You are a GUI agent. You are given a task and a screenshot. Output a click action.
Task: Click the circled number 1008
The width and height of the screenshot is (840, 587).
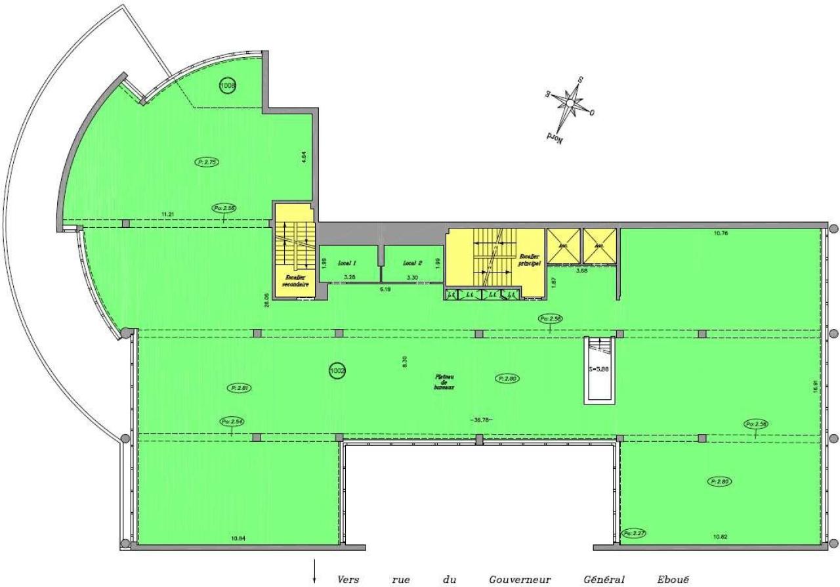tap(228, 85)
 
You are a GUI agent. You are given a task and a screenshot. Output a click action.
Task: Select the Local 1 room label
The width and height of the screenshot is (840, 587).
tap(348, 262)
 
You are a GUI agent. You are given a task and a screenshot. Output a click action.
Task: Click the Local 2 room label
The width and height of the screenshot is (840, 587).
tap(412, 262)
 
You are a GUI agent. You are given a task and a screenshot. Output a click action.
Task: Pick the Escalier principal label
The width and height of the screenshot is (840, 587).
tap(529, 259)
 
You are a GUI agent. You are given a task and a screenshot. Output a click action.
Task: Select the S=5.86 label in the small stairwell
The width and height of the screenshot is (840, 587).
tap(600, 370)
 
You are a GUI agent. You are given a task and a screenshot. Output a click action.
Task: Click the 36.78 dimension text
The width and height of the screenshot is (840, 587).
tap(481, 420)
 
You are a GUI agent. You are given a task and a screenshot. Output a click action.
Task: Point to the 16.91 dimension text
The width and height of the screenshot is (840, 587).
tap(815, 384)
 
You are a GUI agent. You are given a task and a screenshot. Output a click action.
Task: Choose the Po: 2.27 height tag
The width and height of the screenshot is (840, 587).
tap(634, 533)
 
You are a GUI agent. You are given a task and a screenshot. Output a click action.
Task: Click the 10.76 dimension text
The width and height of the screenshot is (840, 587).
tap(721, 232)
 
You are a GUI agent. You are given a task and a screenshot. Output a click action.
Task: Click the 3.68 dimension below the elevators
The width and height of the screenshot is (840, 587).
tap(581, 270)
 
